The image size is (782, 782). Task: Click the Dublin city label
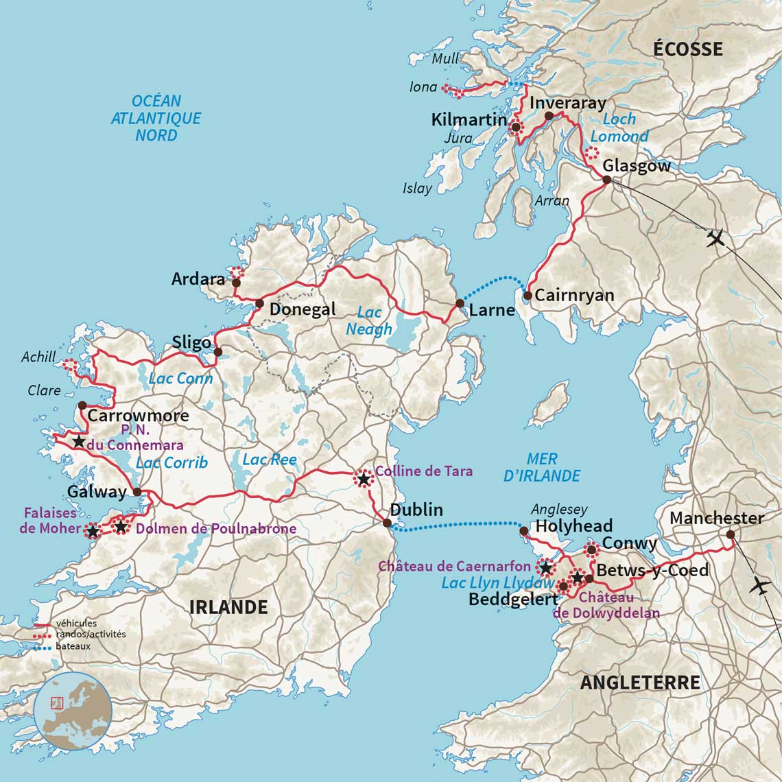click(x=416, y=510)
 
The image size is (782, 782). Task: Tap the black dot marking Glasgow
click(x=606, y=180)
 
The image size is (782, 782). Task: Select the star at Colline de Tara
click(x=363, y=478)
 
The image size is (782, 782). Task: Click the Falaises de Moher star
click(x=92, y=531)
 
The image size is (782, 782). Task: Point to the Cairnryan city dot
click(x=528, y=296)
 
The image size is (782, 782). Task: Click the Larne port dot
click(x=460, y=303)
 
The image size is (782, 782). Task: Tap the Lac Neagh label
click(x=369, y=320)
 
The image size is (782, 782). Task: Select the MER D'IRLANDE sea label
click(x=542, y=467)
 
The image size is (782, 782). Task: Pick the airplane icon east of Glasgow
click(x=716, y=239)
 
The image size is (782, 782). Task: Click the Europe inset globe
click(x=73, y=711)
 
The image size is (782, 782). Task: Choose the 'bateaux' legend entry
click(x=73, y=646)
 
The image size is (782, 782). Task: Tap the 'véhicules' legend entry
click(x=77, y=624)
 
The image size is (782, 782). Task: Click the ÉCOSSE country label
click(x=687, y=49)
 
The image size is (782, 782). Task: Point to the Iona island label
click(x=423, y=87)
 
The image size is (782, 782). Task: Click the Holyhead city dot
click(x=523, y=531)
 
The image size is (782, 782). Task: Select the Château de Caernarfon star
click(x=545, y=568)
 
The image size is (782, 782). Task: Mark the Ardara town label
click(x=198, y=279)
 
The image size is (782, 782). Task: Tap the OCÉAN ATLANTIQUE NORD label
click(x=156, y=118)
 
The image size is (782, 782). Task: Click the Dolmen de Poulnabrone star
click(x=121, y=527)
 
